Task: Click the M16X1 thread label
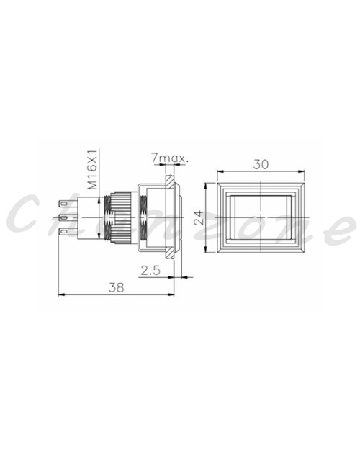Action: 92,170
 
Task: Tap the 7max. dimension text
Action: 170,158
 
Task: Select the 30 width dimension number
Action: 261,164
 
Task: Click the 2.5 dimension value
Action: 150,270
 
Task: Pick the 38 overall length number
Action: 117,287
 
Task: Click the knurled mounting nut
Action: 121,217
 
